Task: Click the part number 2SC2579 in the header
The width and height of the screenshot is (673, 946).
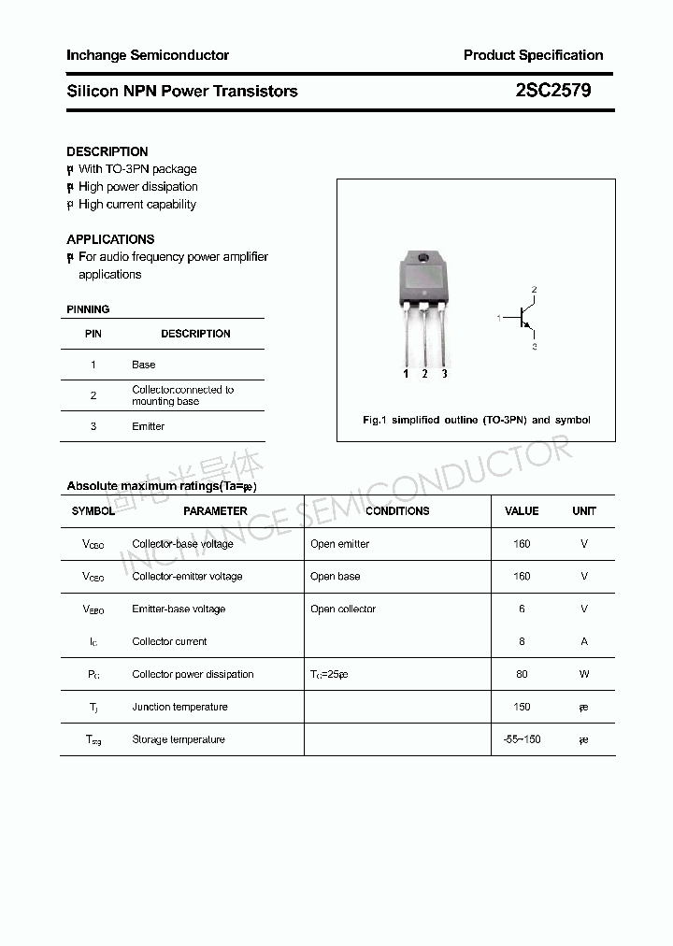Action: tap(552, 91)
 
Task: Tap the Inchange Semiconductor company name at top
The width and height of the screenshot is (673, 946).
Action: tap(148, 55)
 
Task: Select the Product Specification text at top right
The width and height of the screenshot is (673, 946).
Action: tap(533, 55)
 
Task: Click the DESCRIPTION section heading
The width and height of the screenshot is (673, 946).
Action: tap(107, 151)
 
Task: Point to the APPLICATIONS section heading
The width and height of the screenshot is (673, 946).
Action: tap(110, 239)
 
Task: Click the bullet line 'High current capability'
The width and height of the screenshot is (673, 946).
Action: tap(136, 204)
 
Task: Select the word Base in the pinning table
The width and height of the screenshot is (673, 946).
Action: tap(143, 365)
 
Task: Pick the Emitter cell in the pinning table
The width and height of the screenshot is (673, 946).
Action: tap(148, 426)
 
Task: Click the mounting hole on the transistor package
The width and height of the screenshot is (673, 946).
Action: tap(423, 258)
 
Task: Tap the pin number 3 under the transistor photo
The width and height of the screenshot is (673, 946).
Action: tap(444, 374)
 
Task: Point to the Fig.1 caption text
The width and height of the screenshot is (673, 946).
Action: tap(476, 420)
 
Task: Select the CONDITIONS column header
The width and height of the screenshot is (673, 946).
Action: tap(397, 511)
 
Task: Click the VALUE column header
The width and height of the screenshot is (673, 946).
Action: tap(522, 511)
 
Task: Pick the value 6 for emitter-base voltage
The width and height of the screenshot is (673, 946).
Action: tap(522, 609)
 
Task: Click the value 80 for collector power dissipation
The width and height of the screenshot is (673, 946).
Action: tap(522, 674)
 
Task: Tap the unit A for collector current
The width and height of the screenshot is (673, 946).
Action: tap(584, 641)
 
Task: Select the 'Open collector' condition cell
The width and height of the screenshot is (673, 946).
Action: tap(343, 609)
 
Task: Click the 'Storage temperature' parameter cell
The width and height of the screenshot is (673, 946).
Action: tap(179, 739)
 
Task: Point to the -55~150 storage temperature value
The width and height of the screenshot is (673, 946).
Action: tap(522, 739)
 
